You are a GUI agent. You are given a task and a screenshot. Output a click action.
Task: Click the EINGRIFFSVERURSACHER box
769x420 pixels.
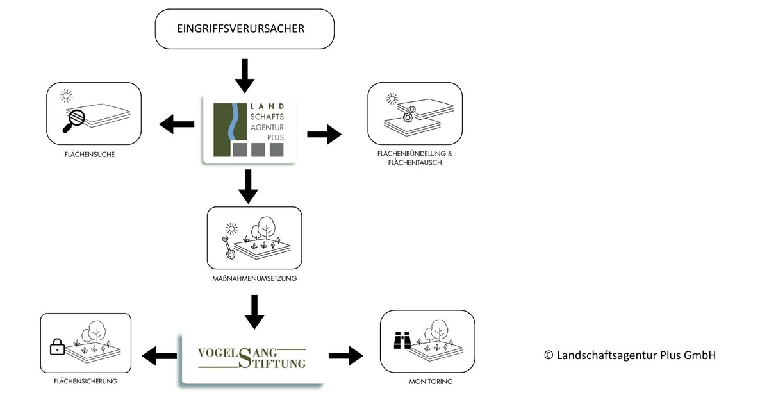245,29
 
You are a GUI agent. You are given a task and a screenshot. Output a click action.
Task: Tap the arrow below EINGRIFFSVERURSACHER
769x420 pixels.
245,76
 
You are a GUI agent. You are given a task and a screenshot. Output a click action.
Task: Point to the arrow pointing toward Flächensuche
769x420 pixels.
176,124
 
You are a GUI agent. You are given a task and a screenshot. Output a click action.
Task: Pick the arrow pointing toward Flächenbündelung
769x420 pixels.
324,134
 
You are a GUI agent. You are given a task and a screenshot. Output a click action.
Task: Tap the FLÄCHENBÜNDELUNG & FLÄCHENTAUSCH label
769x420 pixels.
415,158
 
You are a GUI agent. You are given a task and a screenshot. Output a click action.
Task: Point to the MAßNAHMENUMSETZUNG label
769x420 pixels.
254,279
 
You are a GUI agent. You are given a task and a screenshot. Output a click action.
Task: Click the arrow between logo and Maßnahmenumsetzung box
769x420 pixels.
247,187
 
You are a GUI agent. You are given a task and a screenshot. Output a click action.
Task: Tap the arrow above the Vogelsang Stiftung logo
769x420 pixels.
254,312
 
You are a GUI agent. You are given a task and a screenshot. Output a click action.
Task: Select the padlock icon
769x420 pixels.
58,348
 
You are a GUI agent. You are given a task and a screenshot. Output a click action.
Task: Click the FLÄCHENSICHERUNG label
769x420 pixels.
85,381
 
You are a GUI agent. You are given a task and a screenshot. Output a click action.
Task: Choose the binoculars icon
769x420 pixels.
402,340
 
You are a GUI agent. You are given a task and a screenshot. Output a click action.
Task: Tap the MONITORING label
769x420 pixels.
431,382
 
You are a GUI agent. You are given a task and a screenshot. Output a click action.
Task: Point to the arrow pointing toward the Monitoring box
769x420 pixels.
345,357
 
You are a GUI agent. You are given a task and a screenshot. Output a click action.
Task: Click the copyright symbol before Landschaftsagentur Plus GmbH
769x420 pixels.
549,355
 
